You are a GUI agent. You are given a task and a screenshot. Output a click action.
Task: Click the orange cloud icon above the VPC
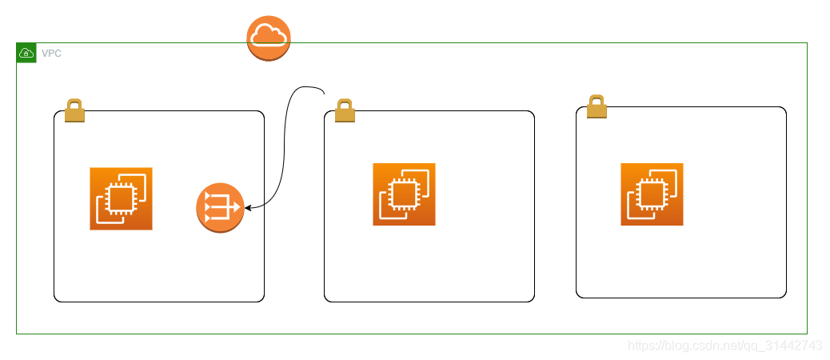tap(269, 38)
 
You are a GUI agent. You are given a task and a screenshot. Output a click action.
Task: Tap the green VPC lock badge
tap(26, 54)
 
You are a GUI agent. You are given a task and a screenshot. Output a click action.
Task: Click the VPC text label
tap(52, 54)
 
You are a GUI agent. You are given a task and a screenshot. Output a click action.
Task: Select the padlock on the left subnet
tap(74, 111)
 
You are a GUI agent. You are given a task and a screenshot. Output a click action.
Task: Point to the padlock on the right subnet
tap(597, 107)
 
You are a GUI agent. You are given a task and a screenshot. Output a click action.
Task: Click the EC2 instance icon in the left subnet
tap(121, 198)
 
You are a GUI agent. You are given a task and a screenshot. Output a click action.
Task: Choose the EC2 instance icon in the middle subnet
tap(404, 194)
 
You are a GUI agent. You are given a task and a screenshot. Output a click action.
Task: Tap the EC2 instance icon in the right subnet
tap(652, 194)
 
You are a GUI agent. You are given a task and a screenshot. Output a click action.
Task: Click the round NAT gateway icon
tap(220, 208)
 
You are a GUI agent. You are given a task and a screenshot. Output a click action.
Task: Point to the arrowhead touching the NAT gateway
tap(249, 208)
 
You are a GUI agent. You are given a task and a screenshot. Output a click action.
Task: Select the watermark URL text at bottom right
tap(724, 346)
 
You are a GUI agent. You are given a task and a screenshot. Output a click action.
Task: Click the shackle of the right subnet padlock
tap(597, 101)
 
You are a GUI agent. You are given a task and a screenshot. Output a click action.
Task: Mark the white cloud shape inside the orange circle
tap(269, 35)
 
